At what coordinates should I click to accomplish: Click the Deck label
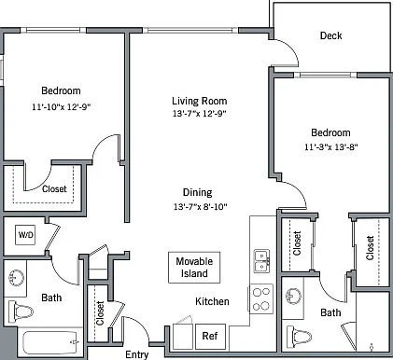coord(330,35)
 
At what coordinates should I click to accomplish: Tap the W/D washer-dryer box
coord(25,235)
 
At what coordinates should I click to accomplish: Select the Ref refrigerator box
coord(210,336)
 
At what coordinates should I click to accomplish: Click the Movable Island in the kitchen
coord(194,268)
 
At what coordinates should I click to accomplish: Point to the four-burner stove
coord(261,299)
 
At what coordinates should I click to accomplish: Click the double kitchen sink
coord(261,261)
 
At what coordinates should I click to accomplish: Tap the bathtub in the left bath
coord(50,342)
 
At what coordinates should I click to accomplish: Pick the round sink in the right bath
coord(294,296)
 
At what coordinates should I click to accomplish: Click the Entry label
coord(137,354)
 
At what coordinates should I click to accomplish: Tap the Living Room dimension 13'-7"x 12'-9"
coord(199,114)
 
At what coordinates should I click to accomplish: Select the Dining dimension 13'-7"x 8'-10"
coord(201,206)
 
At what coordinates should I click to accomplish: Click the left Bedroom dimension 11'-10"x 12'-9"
coord(61,107)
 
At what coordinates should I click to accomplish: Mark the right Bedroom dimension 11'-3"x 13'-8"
coord(331,146)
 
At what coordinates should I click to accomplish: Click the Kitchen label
coord(212,301)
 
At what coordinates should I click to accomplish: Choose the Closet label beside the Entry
coord(100,313)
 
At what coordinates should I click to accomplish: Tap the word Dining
coord(198,193)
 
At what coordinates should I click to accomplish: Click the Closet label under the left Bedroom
coord(54,189)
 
